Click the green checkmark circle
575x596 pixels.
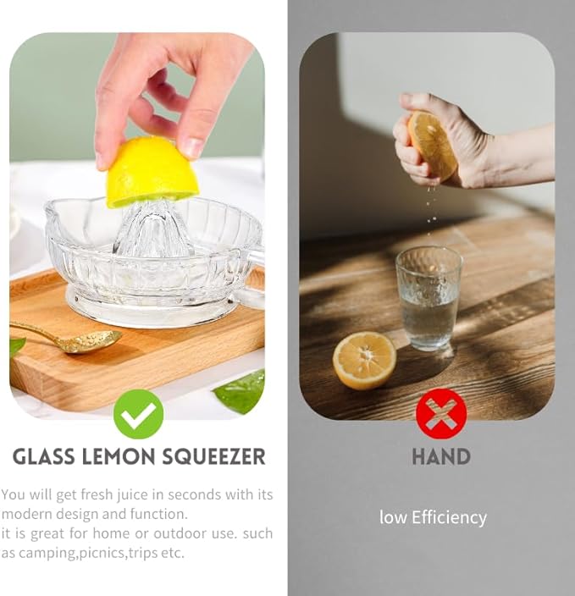[x=138, y=414]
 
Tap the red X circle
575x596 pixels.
[x=441, y=413]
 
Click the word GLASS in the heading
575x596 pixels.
[x=44, y=456]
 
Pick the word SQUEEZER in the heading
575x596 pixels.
[x=213, y=457]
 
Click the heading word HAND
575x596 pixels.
[x=441, y=456]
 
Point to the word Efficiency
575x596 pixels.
[x=449, y=518]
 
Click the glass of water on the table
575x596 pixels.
[x=428, y=298]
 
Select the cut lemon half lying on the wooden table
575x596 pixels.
[x=364, y=361]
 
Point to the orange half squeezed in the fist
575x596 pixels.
[x=433, y=146]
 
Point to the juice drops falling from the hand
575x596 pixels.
[x=431, y=209]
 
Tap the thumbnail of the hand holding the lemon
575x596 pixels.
[x=194, y=146]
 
